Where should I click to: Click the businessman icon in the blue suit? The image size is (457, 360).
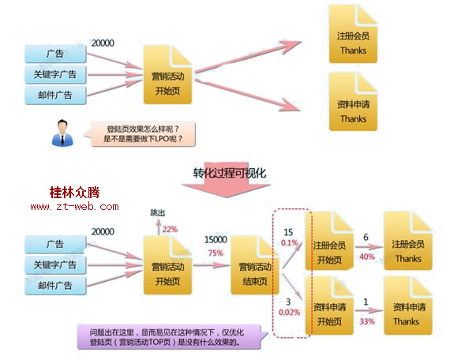coord(62,133)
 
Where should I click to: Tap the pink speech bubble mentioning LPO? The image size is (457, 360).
coord(140,133)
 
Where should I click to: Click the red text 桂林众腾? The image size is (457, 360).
coord(75,193)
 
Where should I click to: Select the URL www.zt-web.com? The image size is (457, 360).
coord(75,207)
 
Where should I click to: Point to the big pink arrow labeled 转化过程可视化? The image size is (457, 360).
coord(227,179)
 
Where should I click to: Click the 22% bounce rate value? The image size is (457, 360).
coord(170,230)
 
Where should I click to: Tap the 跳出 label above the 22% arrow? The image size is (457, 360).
coord(158,213)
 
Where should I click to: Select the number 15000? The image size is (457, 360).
coord(215,240)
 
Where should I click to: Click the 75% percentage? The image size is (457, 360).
coord(215,253)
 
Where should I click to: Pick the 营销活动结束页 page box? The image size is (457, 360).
coord(255,265)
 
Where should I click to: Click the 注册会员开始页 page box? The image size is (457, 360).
coord(330,241)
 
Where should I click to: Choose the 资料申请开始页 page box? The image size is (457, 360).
coord(330,306)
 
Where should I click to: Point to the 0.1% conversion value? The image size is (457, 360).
coord(290,242)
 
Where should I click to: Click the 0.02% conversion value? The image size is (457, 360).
coord(290,313)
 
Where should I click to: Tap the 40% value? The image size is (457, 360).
coord(367,257)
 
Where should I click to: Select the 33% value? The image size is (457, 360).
coord(367,321)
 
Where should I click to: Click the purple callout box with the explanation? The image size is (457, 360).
coord(172,337)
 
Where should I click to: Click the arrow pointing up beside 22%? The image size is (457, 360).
coord(159,227)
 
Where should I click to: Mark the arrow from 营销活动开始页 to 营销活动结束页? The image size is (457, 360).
coord(212,265)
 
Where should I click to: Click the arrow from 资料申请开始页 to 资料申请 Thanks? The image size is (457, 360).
coord(369,311)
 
